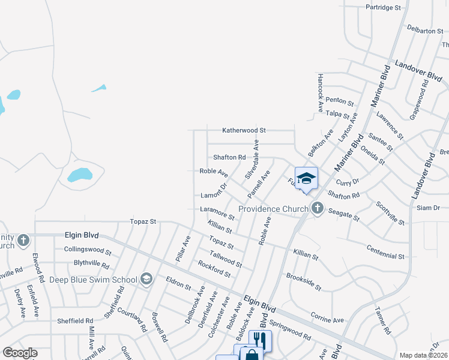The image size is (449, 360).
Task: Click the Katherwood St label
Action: click(x=244, y=130)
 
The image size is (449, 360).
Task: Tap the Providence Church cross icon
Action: click(x=317, y=209)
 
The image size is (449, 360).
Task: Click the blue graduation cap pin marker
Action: click(x=306, y=178)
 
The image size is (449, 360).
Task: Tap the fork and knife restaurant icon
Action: click(x=260, y=340)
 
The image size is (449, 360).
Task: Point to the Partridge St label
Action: click(x=383, y=7)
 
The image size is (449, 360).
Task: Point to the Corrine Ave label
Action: click(x=327, y=316)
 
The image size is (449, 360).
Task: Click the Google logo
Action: click(x=20, y=353)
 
